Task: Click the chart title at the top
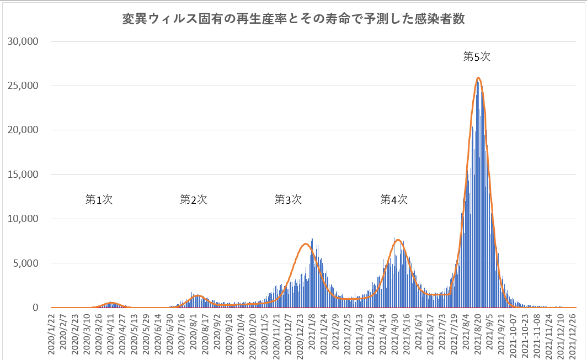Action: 293,20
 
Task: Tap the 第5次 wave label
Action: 477,56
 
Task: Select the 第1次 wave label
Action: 99,200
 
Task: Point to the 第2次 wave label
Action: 194,200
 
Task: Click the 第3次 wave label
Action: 288,200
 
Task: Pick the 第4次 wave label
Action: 394,200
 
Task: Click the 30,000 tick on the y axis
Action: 22,41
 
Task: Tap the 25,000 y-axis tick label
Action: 22,86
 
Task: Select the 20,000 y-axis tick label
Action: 22,130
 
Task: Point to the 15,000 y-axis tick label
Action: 22,174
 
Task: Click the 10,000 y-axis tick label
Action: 22,219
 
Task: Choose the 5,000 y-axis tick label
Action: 24,263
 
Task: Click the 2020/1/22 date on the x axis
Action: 51,333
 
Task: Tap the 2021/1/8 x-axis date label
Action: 312,331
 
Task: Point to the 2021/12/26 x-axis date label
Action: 574,335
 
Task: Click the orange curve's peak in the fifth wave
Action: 478,78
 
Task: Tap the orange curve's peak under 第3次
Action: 305,244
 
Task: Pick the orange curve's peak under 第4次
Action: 398,240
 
